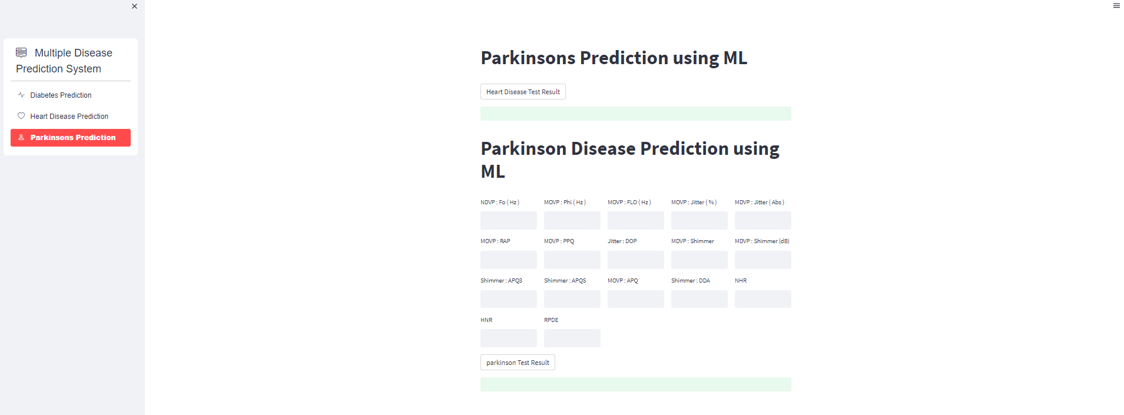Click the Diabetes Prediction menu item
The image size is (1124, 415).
61,95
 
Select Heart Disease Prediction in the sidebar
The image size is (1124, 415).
69,117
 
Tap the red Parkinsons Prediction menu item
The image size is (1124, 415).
71,138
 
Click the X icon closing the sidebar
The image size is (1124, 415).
134,6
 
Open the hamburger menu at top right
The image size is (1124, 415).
1116,6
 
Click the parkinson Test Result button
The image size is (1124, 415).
518,363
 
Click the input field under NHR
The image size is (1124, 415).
762,299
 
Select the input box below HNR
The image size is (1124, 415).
508,338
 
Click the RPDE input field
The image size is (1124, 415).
572,338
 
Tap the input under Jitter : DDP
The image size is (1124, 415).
635,260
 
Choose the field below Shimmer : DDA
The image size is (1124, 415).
699,299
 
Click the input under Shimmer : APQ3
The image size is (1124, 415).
508,299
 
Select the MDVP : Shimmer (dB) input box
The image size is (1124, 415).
762,260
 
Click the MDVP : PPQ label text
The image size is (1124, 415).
559,241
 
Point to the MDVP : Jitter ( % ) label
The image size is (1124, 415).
694,202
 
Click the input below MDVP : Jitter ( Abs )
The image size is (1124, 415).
762,221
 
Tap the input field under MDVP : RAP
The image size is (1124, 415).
508,260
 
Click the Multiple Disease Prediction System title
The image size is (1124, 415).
65,61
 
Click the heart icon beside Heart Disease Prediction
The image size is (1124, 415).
21,116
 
